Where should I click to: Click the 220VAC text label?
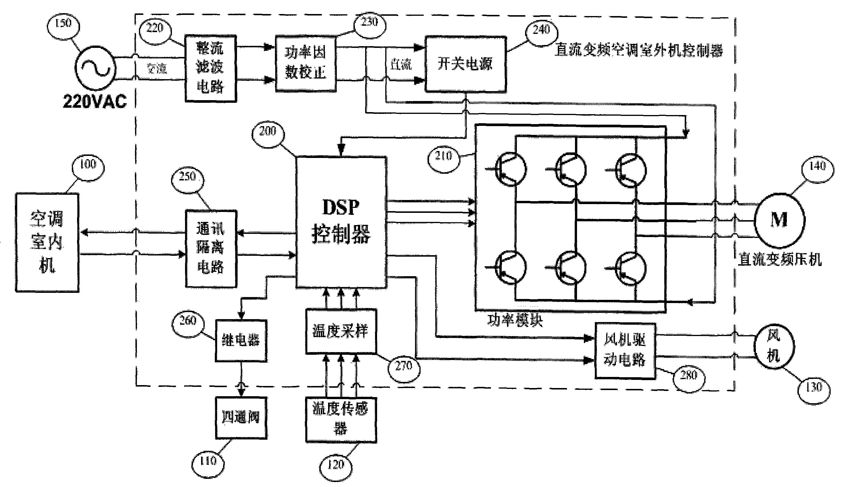click(95, 101)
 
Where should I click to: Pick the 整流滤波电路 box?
click(211, 68)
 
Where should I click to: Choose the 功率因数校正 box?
click(305, 63)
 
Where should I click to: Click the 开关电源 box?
click(465, 64)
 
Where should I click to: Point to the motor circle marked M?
click(779, 220)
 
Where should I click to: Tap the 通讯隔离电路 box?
click(211, 248)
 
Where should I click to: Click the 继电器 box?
click(241, 340)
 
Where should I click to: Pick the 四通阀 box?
click(241, 418)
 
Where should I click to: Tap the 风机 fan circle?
click(774, 347)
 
